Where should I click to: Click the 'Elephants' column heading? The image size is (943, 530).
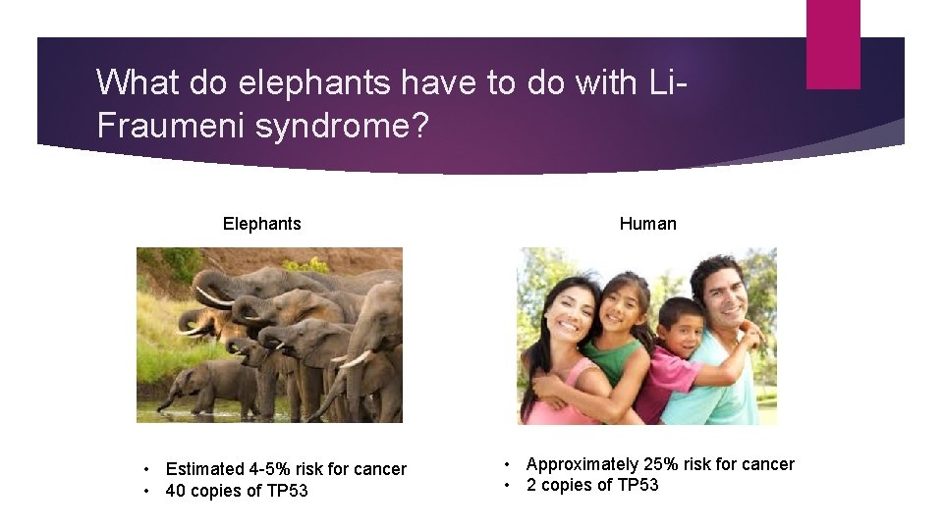point(261,224)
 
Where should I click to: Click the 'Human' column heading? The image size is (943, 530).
point(647,224)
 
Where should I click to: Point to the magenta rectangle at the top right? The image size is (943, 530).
point(833,44)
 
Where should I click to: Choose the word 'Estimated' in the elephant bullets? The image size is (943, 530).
point(204,469)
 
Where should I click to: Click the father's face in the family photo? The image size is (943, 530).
point(720,294)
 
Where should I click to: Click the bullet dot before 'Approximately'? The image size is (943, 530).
point(508,464)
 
